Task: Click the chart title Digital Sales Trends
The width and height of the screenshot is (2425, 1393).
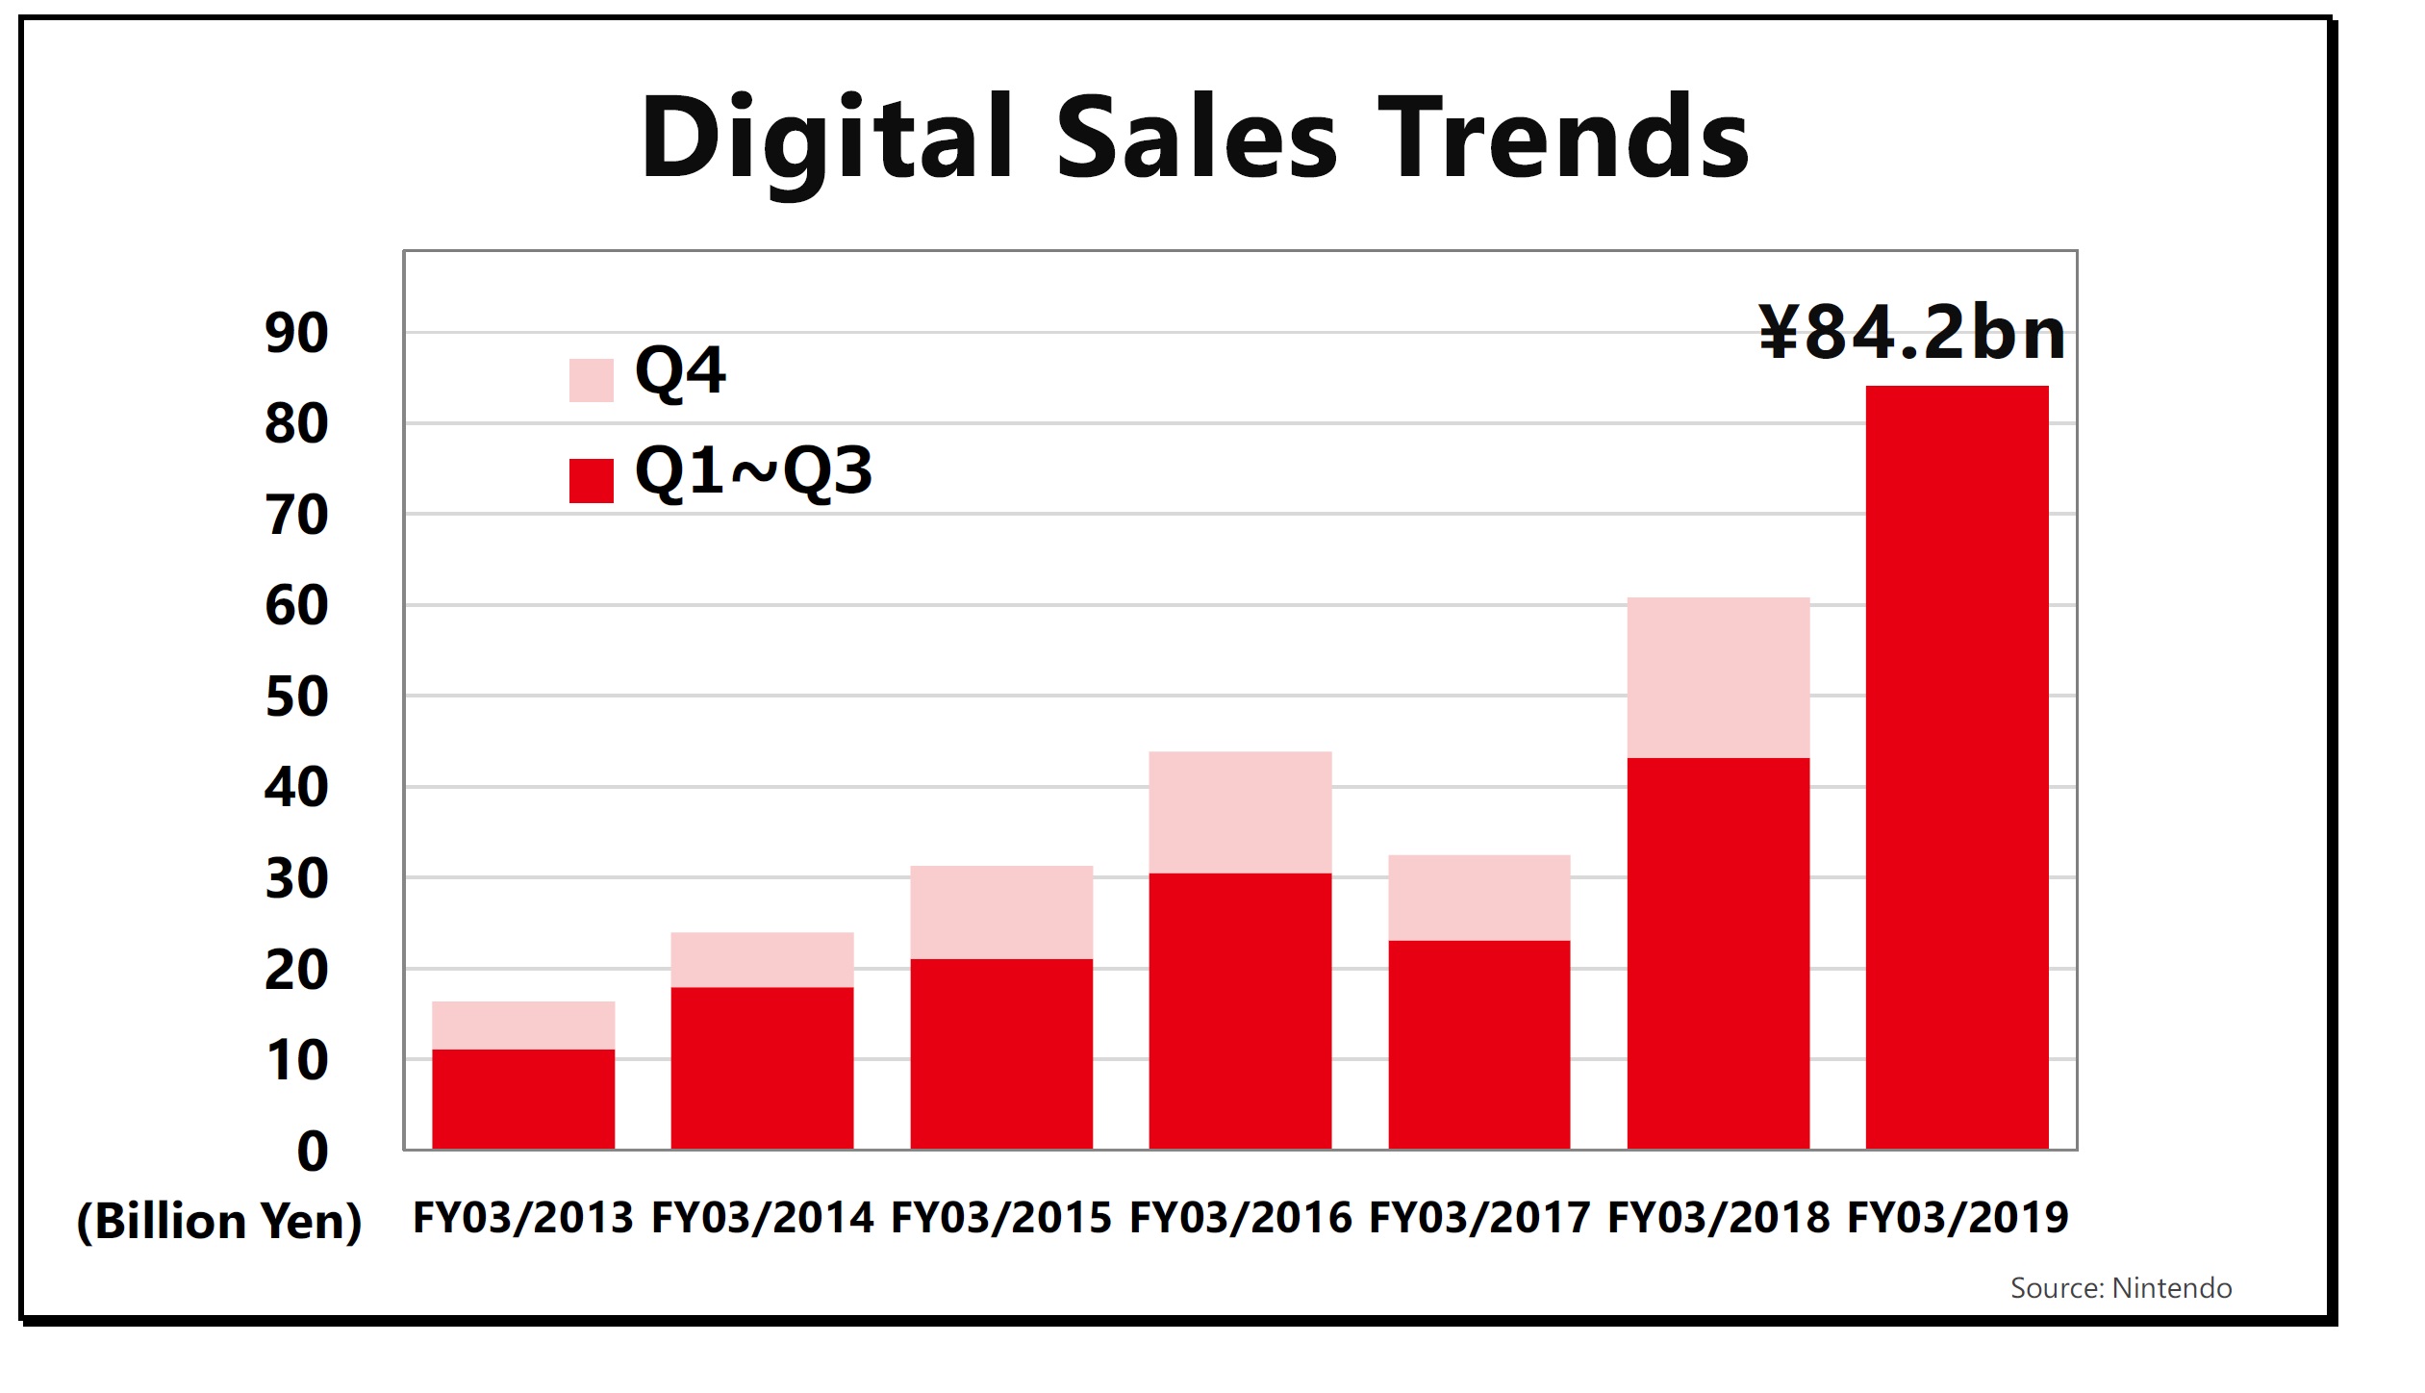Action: tap(1194, 139)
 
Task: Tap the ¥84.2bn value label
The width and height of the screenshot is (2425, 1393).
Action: tap(1911, 333)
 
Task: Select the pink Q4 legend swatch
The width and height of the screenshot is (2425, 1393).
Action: tap(591, 380)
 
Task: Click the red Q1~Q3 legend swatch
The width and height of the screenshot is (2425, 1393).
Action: tap(591, 480)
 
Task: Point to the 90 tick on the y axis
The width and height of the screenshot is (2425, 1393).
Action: tap(296, 334)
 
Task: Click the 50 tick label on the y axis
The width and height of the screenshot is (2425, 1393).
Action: tap(296, 697)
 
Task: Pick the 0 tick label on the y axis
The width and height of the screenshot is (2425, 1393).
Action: tap(313, 1152)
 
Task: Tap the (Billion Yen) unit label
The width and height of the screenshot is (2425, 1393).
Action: tap(219, 1221)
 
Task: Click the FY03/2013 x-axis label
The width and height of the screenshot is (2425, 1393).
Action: tap(522, 1218)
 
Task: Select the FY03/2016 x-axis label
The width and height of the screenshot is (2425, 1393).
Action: tap(1240, 1218)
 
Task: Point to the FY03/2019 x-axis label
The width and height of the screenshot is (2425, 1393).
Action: tap(1958, 1218)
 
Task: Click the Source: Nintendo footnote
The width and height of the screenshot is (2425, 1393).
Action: tap(2120, 1288)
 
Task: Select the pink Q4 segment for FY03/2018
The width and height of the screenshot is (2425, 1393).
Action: tap(1718, 677)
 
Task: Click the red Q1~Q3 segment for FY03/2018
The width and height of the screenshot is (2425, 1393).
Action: tap(1718, 952)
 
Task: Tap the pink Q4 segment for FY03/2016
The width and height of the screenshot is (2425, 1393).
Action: tap(1240, 812)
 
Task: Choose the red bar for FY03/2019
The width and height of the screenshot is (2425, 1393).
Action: tap(1957, 767)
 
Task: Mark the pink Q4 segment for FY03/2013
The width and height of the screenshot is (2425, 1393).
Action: tap(523, 1025)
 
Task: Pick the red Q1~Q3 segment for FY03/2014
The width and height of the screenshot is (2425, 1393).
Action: tap(762, 1068)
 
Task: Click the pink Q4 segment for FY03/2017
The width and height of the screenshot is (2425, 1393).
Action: tap(1478, 897)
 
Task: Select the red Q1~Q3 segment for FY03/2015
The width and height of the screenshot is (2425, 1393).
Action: tap(1001, 1053)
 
